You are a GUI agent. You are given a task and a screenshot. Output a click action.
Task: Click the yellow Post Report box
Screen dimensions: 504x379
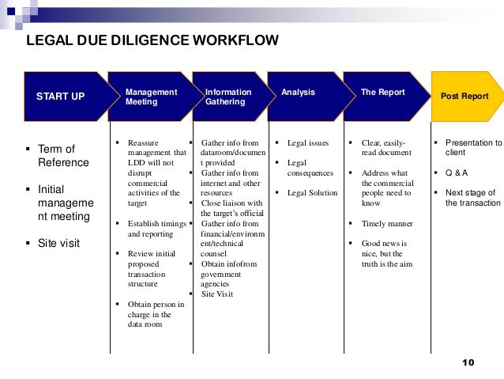(x=465, y=97)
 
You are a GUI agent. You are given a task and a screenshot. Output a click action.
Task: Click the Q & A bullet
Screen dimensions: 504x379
(x=457, y=172)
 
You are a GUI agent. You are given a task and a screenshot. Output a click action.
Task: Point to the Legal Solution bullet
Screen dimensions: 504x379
(x=312, y=193)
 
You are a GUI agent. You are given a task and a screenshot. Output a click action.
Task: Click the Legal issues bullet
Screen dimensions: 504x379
(x=307, y=142)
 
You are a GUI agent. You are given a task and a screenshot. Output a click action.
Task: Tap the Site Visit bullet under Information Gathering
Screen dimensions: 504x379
(x=217, y=294)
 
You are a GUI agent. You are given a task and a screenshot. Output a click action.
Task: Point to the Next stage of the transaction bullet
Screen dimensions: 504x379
(x=471, y=198)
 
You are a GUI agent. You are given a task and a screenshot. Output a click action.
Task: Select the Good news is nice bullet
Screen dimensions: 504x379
(x=386, y=253)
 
